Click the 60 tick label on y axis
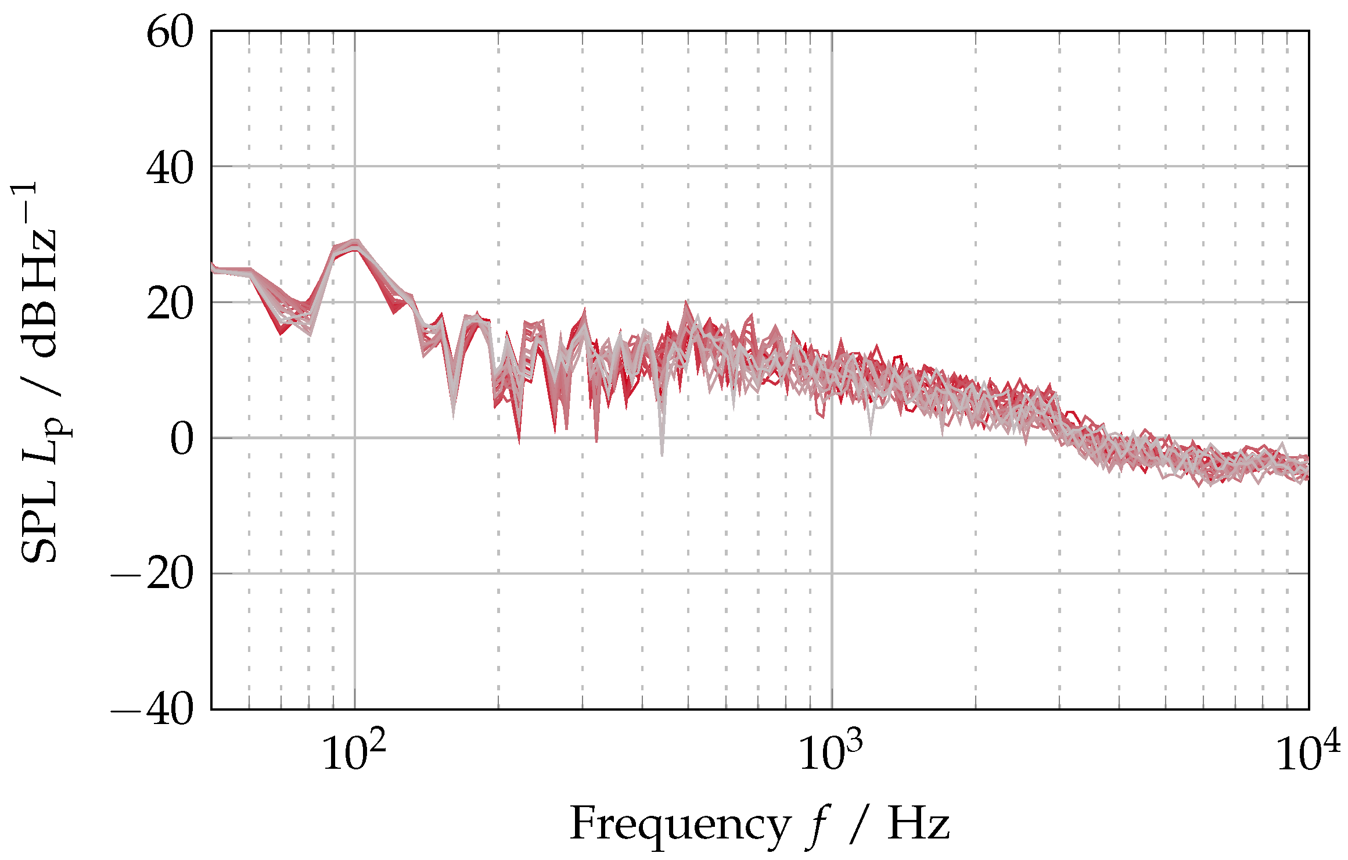click(169, 33)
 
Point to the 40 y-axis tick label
click(169, 169)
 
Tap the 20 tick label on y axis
click(169, 304)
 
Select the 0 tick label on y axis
click(181, 440)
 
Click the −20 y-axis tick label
click(152, 575)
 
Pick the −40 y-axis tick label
click(152, 711)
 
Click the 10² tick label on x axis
click(354, 752)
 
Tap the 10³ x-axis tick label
click(831, 752)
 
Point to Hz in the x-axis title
click(918, 824)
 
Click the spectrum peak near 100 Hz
click(355, 244)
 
